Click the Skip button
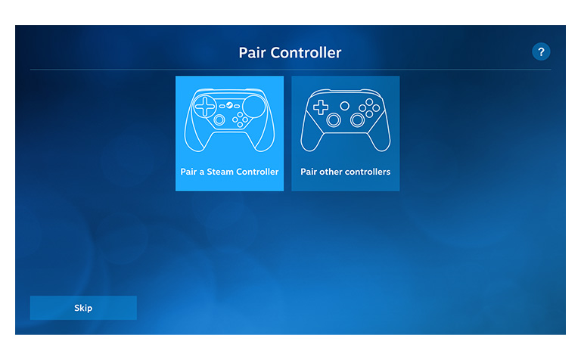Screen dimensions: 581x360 coord(83,308)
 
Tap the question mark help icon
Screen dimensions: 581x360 coord(541,52)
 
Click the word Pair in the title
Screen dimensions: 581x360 coord(252,53)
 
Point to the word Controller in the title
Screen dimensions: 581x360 coord(306,53)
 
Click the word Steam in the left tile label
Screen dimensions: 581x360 coord(220,172)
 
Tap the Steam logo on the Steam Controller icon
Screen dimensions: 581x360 coord(230,106)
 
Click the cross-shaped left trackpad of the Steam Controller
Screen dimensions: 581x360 coord(205,107)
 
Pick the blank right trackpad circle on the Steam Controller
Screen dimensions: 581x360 coord(254,107)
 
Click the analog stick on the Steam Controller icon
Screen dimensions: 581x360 coord(219,119)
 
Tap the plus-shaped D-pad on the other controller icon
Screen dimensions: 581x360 coord(321,107)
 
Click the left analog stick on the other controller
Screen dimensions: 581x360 coord(334,120)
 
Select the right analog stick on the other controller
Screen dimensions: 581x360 coord(358,120)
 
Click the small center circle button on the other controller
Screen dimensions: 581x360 coord(345,107)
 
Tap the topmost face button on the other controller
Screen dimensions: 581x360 coord(369,102)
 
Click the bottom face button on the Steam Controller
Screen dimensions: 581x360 coord(240,125)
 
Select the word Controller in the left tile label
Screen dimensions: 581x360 coord(257,172)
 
